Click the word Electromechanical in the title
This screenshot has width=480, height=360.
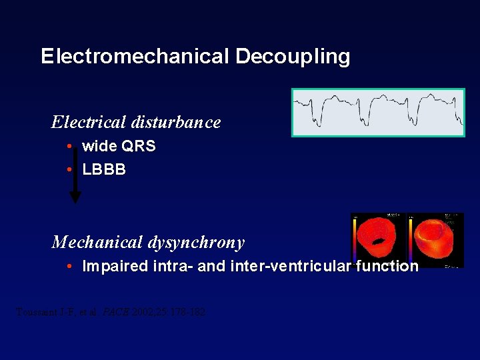coord(135,56)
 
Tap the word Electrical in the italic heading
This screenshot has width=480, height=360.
coord(87,122)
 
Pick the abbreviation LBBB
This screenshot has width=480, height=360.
coord(104,169)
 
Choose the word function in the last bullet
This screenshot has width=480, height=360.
coord(387,267)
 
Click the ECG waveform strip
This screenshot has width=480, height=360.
coord(378,113)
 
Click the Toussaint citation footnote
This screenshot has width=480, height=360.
coord(110,311)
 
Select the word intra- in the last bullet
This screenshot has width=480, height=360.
coord(171,267)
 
